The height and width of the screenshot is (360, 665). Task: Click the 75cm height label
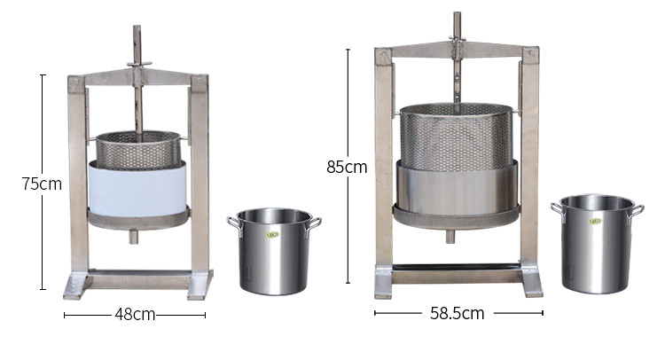point(42,184)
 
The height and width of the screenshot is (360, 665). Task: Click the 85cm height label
point(346,167)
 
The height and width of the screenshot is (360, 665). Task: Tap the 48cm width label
point(134,314)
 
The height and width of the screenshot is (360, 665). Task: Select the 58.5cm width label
point(458,313)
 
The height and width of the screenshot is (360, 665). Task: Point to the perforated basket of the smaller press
point(137,151)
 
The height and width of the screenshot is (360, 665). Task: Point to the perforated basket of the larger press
point(455,137)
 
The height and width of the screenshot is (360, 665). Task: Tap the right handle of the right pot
point(636,210)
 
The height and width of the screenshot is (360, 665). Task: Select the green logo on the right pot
point(595,222)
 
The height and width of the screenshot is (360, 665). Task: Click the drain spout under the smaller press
point(133,237)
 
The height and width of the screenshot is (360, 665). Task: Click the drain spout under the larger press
point(450,237)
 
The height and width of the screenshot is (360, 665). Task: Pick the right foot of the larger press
point(532,284)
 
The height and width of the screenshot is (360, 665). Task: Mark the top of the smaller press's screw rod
point(137,31)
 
